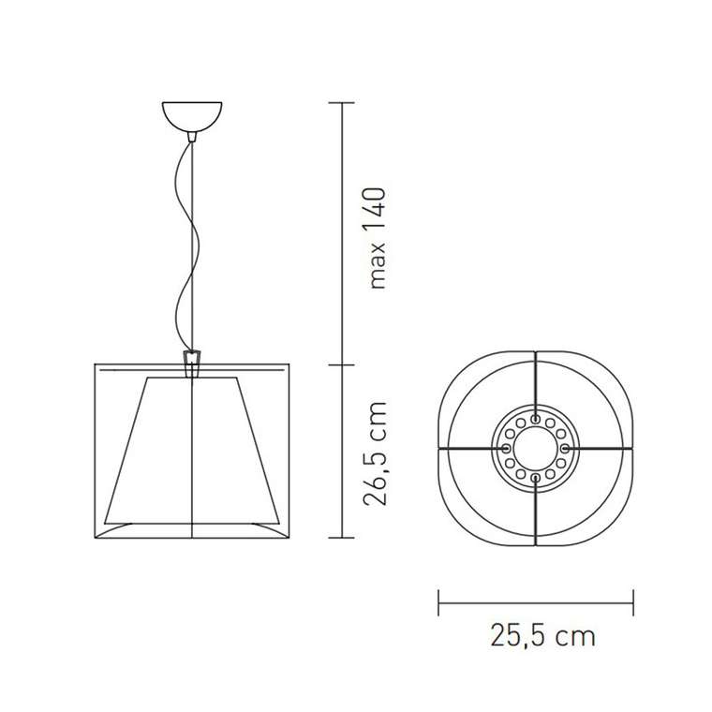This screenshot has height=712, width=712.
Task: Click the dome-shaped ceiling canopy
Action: pyautogui.click(x=192, y=116)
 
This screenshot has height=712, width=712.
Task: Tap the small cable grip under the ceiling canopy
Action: pyautogui.click(x=193, y=137)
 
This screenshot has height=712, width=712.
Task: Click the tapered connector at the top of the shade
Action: pyautogui.click(x=192, y=363)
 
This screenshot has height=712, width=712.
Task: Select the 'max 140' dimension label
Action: pyautogui.click(x=378, y=238)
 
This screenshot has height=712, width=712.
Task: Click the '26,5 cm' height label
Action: pyautogui.click(x=375, y=453)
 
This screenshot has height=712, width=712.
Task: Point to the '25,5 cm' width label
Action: pyautogui.click(x=542, y=635)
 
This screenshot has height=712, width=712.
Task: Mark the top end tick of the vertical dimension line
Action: pyautogui.click(x=341, y=103)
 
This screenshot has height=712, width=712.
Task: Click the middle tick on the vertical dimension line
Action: pyautogui.click(x=341, y=364)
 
